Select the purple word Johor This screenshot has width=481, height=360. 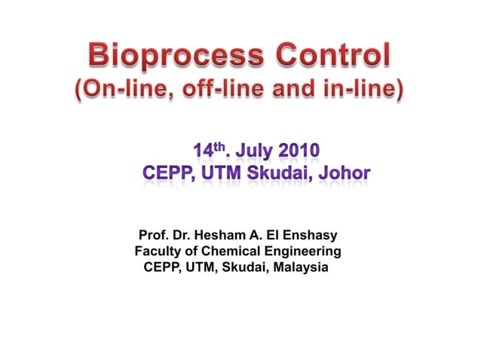click(344, 174)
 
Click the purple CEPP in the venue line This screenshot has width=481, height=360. click(168, 174)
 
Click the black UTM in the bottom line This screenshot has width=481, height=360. click(198, 267)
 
